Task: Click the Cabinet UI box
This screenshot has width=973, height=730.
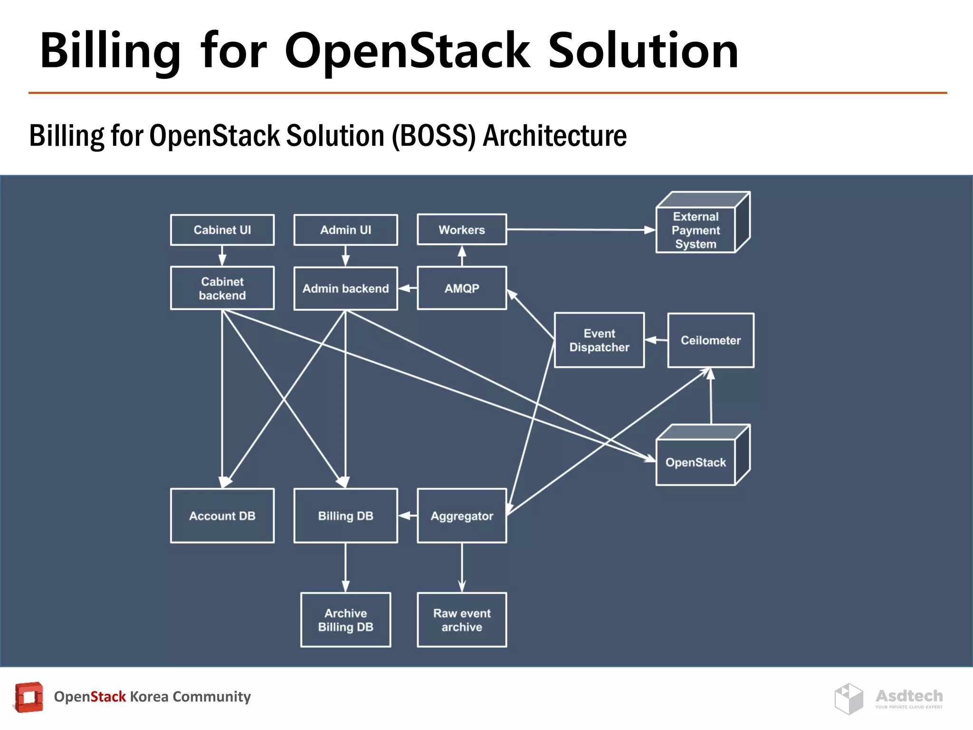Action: tap(222, 230)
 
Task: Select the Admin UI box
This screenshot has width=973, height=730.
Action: tap(345, 230)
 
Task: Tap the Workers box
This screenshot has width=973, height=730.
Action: tap(462, 230)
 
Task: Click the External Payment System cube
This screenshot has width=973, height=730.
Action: tap(696, 231)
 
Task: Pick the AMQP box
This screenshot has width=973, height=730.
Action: tap(462, 288)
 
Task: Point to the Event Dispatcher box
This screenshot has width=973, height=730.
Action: tap(599, 340)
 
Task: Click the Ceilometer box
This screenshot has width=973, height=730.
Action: tap(710, 340)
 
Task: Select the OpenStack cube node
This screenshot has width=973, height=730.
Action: tap(696, 462)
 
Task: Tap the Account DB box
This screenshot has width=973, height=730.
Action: tap(222, 516)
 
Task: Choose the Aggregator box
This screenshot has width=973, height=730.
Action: tap(462, 516)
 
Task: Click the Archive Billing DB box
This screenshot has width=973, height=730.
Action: tap(345, 620)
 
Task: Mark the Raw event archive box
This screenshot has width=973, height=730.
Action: tap(462, 620)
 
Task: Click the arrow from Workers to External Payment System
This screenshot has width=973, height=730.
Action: tap(580, 230)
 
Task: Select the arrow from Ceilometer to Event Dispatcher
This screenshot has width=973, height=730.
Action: tap(656, 340)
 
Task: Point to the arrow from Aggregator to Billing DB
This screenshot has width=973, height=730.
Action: tap(408, 516)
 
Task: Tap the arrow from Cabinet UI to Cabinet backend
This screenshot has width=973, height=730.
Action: tap(222, 256)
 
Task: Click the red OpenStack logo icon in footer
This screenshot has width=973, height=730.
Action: tap(29, 697)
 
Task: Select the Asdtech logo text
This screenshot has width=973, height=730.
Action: tap(909, 696)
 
